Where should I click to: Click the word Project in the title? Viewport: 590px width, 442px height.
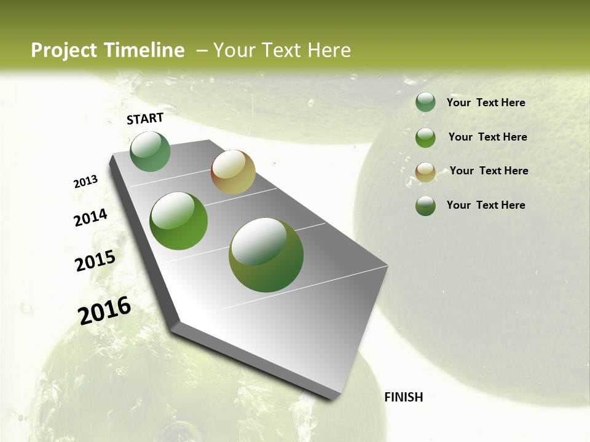(x=64, y=50)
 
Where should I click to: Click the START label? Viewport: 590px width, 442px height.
(x=145, y=118)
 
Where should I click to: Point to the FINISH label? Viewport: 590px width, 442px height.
(x=403, y=397)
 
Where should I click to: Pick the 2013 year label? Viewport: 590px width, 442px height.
(x=85, y=182)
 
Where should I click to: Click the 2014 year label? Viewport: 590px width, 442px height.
(x=90, y=217)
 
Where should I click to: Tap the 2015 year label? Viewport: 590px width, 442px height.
(x=95, y=261)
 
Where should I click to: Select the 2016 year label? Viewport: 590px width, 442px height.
(x=104, y=310)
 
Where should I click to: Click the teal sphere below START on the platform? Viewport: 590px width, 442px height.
(x=150, y=152)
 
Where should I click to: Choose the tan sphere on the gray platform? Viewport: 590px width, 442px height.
(x=233, y=172)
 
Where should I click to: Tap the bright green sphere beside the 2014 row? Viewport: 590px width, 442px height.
(x=179, y=221)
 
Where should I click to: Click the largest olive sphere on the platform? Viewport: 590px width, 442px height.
(x=266, y=255)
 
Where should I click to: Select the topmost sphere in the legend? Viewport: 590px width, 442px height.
(x=425, y=103)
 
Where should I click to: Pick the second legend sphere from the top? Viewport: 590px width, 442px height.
(x=425, y=138)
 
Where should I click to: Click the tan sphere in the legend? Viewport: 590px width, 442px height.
(x=425, y=172)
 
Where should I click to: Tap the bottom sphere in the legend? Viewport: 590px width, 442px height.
(x=425, y=206)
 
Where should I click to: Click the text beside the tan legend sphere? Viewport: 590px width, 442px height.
(x=489, y=171)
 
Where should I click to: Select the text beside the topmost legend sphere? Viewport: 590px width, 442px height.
(x=486, y=103)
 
